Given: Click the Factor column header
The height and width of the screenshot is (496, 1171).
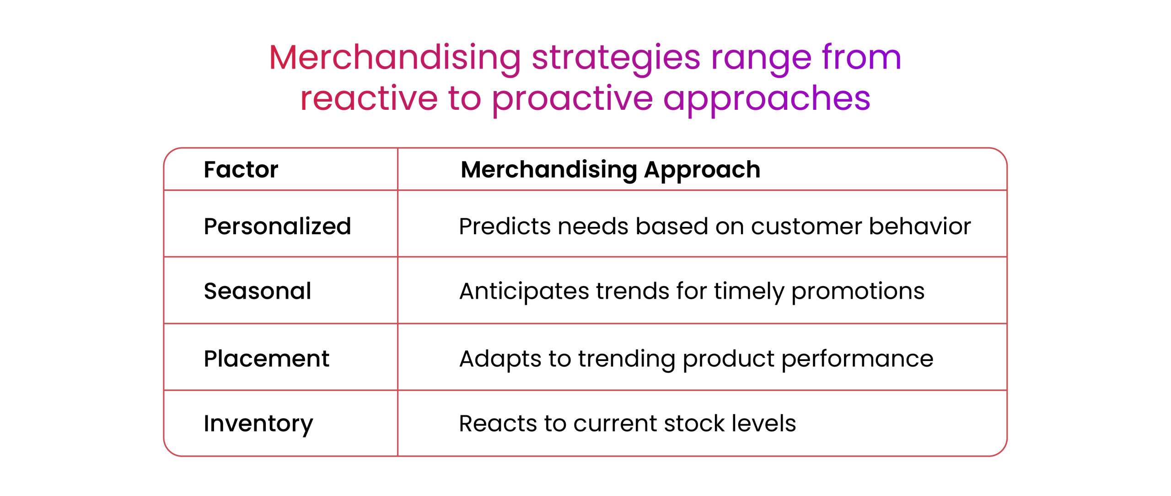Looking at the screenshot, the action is point(241,169).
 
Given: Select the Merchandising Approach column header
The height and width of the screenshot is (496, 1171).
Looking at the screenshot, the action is point(610,170).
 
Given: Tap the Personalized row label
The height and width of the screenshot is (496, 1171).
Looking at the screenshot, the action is point(277,226).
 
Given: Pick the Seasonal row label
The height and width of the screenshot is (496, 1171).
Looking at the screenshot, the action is point(258,291).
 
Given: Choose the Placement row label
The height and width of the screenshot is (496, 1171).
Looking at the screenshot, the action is point(266,358).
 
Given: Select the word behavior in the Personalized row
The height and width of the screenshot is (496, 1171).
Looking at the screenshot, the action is point(919,226).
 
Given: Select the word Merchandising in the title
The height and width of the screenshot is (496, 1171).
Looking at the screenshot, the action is point(395,59).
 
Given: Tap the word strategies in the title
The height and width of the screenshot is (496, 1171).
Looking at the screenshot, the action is point(616,59).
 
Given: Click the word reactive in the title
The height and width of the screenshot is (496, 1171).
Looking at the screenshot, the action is point(369,99).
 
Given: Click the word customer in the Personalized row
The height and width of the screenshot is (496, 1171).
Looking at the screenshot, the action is point(806,226).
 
